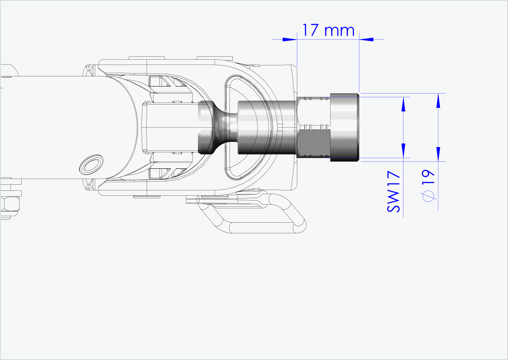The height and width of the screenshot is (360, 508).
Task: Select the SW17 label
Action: point(393,192)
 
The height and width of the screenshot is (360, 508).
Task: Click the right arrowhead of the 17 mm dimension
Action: point(367,39)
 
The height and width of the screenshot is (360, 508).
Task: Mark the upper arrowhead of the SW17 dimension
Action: point(403,105)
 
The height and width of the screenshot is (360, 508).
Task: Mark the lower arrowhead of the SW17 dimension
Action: point(403,150)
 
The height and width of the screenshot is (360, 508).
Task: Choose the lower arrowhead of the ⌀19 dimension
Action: point(438,154)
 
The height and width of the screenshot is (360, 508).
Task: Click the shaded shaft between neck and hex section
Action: point(265,127)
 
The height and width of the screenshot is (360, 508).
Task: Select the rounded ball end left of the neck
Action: point(205,127)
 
